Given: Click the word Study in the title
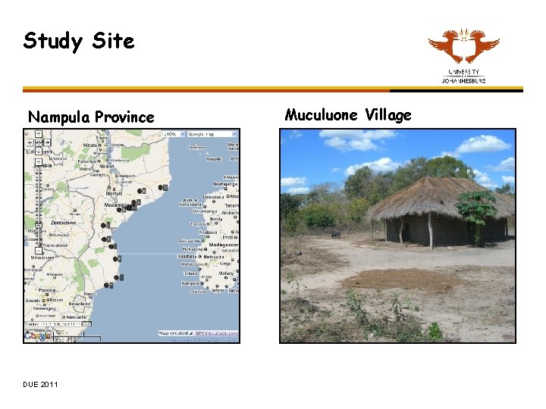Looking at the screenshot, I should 54,41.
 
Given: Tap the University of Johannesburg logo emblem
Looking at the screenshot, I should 463,47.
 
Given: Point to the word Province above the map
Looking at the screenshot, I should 126,117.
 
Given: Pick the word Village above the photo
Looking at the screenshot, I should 388,115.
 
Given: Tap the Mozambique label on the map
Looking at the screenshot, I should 118,205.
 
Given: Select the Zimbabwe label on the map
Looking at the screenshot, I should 63,223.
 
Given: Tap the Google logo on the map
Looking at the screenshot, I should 36,336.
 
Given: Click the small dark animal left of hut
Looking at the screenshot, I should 334,235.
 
